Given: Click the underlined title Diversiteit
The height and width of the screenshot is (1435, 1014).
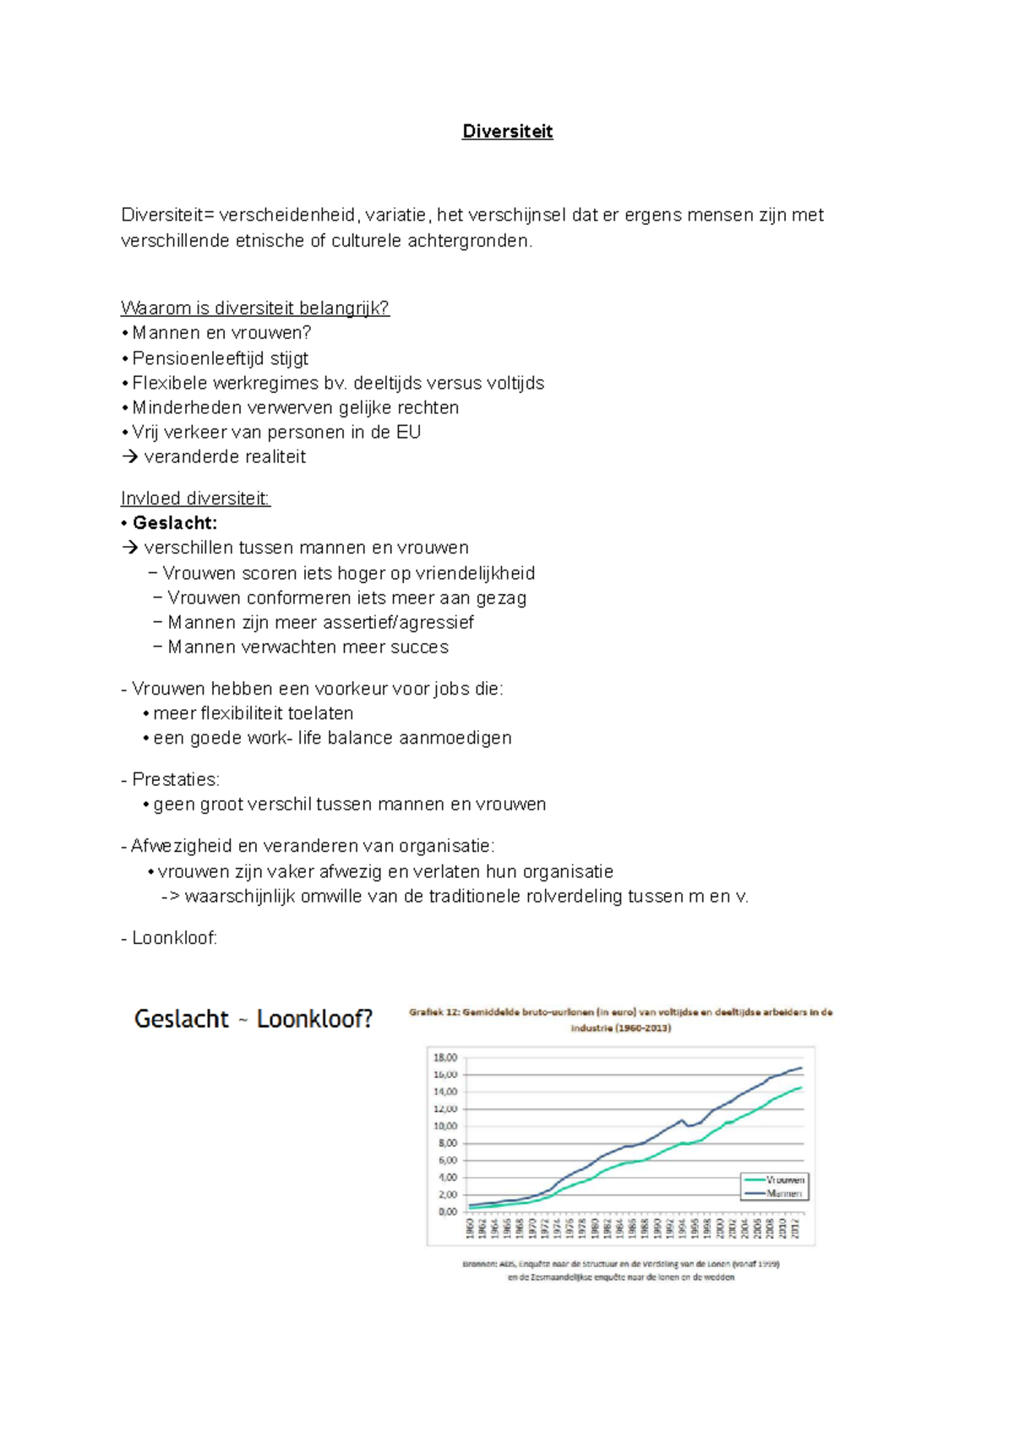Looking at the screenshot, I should click(507, 131).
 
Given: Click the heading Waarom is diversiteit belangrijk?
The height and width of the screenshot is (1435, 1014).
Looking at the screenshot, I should click(254, 308).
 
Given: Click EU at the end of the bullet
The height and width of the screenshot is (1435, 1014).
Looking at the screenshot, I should click(408, 432).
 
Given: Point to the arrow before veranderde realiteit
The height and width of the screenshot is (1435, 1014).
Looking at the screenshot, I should click(129, 457).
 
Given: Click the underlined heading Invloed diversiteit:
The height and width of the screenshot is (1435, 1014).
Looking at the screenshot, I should click(195, 499).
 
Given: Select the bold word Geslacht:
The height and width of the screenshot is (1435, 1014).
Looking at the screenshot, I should click(175, 523).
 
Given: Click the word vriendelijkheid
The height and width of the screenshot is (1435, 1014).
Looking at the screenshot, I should click(475, 573).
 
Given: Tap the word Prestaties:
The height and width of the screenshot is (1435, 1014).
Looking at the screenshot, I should click(175, 779).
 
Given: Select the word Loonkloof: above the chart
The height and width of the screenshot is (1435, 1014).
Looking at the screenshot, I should click(174, 938).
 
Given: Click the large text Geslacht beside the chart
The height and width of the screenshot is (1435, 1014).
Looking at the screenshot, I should click(181, 1019).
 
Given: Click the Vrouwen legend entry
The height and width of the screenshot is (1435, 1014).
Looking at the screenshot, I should click(784, 1180).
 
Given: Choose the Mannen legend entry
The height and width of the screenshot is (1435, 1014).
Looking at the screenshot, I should click(784, 1193).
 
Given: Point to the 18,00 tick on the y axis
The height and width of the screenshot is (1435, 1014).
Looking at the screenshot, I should click(445, 1057).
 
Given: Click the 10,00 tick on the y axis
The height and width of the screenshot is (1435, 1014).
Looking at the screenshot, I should click(445, 1126).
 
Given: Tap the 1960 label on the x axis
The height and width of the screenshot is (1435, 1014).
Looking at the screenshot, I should click(470, 1228).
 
